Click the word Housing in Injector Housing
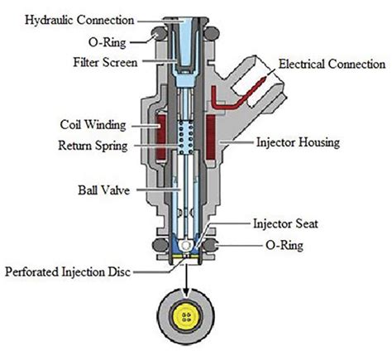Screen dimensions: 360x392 pos(319,143)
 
